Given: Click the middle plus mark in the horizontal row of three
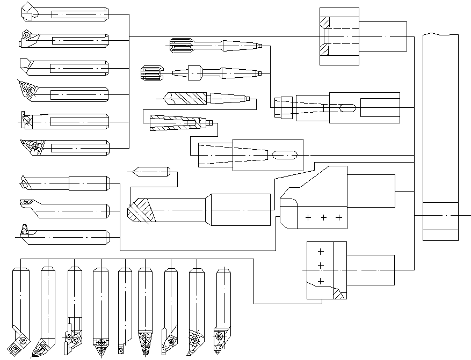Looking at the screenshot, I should click(323, 217).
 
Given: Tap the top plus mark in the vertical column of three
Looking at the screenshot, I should click(321, 251).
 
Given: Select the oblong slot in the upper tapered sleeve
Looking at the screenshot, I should click(347, 108).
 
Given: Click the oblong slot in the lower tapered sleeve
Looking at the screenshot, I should click(285, 156).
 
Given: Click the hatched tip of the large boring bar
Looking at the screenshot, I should click(141, 211).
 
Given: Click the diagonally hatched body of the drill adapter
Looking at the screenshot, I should click(188, 98).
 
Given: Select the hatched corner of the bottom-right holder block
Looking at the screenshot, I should click(338, 293).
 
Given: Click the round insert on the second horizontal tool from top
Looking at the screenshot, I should click(25, 34).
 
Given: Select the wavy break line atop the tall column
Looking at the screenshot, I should click(440, 34).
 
